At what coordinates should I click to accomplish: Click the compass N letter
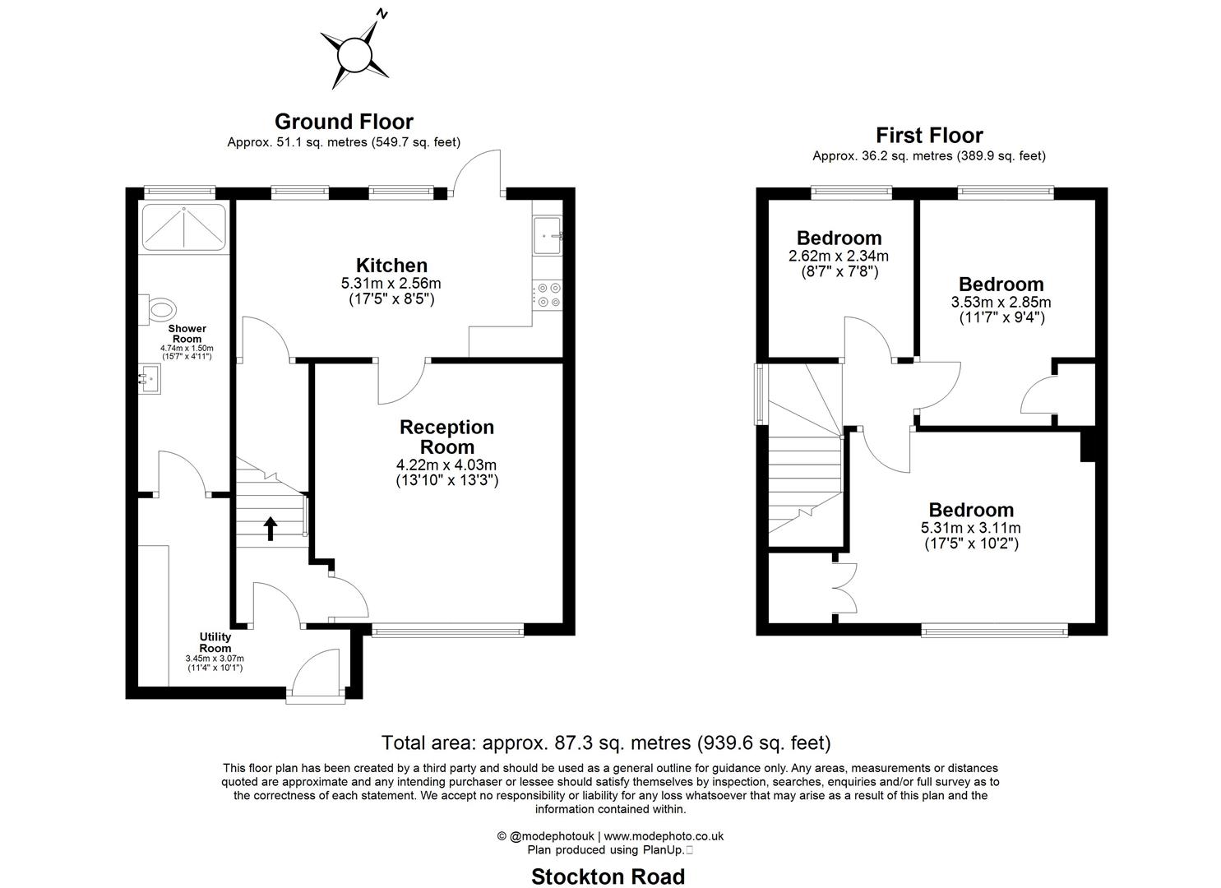(x=382, y=14)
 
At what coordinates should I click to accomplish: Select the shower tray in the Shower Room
(x=183, y=227)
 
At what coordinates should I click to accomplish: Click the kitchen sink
(x=548, y=235)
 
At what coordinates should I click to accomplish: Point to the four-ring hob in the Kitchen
(x=548, y=295)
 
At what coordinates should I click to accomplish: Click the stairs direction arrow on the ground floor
(x=271, y=528)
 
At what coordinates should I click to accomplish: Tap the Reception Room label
(x=447, y=437)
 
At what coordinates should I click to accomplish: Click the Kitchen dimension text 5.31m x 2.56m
(x=391, y=284)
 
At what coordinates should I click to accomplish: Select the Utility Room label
(x=215, y=642)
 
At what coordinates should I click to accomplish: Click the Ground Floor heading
(x=344, y=121)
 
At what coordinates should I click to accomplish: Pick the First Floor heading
(x=929, y=135)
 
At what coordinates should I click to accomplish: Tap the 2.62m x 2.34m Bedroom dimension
(x=839, y=256)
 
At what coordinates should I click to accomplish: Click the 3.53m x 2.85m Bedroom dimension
(x=1001, y=302)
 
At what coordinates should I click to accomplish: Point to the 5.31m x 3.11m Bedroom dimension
(x=971, y=528)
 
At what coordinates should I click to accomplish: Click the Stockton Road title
(x=608, y=876)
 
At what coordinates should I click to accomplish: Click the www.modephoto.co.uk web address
(x=664, y=835)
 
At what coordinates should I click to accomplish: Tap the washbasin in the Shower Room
(x=149, y=379)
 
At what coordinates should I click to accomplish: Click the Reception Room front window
(x=447, y=631)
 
